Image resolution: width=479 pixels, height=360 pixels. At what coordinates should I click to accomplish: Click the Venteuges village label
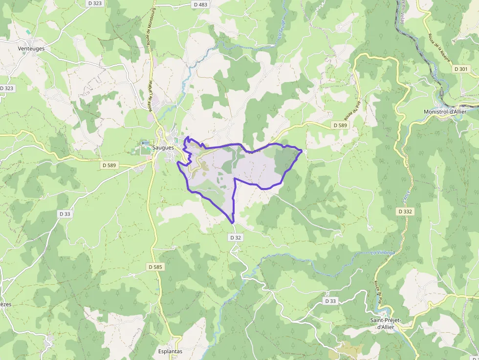coord(31,48)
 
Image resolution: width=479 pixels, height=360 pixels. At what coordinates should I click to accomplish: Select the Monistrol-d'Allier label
coord(445,112)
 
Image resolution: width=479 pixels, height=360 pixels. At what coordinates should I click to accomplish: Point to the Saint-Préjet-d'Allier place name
coord(386,323)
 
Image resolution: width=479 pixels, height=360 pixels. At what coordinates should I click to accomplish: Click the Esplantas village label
coord(170,351)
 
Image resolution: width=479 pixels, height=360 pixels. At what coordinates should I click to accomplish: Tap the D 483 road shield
coord(200,4)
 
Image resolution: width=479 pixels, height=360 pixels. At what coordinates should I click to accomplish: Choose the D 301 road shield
coord(460,69)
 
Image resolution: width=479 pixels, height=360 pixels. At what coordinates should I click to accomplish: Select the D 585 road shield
coord(155,267)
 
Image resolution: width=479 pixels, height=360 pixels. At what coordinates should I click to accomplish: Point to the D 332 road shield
coord(405,212)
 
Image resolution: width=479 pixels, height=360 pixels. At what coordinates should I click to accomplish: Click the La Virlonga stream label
coord(382,252)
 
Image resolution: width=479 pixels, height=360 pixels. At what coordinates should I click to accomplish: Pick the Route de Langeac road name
coord(151,95)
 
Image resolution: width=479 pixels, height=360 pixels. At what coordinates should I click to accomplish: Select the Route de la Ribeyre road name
coord(438,49)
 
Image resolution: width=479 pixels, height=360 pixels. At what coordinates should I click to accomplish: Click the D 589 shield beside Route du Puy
coord(340,126)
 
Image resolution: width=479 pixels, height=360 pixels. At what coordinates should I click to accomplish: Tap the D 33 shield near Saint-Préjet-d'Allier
coord(330,301)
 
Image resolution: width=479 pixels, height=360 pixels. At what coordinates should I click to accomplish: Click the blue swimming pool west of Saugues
coord(143,143)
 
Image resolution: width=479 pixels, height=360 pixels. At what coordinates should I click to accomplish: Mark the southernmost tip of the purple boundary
coord(233,223)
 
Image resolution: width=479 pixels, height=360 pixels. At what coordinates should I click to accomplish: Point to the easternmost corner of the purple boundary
coord(301,151)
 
